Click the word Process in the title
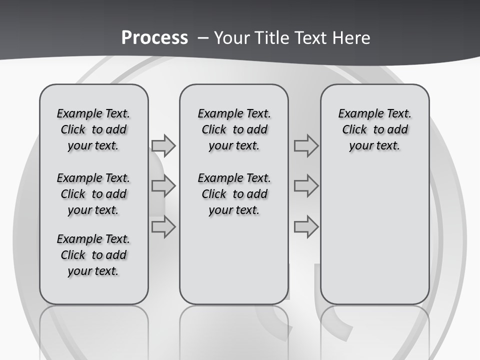pos(154,38)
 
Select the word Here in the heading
pos(351,38)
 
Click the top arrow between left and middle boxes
pos(163,145)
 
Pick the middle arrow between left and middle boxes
pos(163,186)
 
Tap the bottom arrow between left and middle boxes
pos(163,227)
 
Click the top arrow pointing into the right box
pos(306,145)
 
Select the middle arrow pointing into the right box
pos(306,186)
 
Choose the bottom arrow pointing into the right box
pos(306,227)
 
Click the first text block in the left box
pos(93,129)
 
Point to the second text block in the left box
pos(93,194)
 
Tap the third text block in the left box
pos(93,255)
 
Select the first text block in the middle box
pos(234,129)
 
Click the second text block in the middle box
pos(234,194)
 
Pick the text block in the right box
pos(375,129)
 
